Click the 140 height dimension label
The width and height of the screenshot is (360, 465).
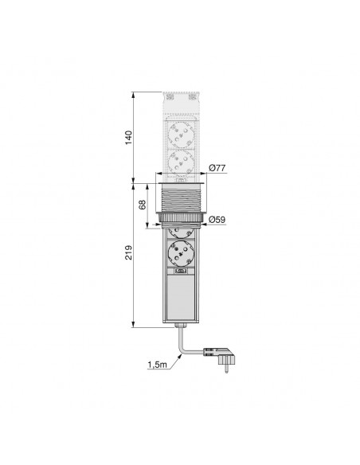[x=128, y=138]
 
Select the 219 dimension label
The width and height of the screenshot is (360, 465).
[x=128, y=252]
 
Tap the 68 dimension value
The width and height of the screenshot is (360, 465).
[x=143, y=205]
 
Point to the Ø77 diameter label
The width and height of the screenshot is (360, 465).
[x=217, y=168]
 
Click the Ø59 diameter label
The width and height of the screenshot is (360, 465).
[x=217, y=220]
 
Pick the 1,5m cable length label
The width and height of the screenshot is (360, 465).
[x=158, y=365]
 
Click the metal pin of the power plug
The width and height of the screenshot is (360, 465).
[x=227, y=368]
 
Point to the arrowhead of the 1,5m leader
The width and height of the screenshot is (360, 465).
[x=180, y=357]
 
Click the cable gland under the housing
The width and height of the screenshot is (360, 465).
[x=181, y=326]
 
